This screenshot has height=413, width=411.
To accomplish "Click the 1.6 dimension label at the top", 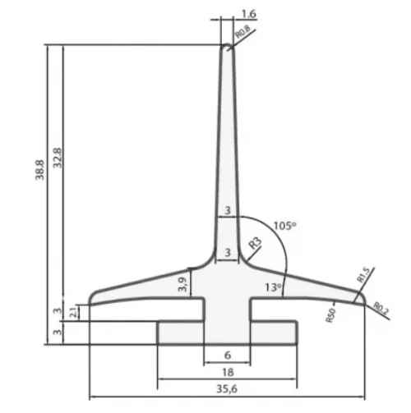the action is [x=249, y=14].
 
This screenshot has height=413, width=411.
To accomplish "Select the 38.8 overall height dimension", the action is [x=40, y=170].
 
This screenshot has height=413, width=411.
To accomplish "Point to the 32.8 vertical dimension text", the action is [x=58, y=158].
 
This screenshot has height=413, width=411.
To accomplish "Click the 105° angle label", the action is [x=285, y=226].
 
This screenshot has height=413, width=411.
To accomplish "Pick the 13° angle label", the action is [x=273, y=287].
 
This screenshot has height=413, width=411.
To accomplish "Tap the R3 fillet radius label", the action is [x=256, y=243].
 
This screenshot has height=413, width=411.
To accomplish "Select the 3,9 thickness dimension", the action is [x=183, y=284].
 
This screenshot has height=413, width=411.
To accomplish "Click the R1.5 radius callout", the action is [x=364, y=275].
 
